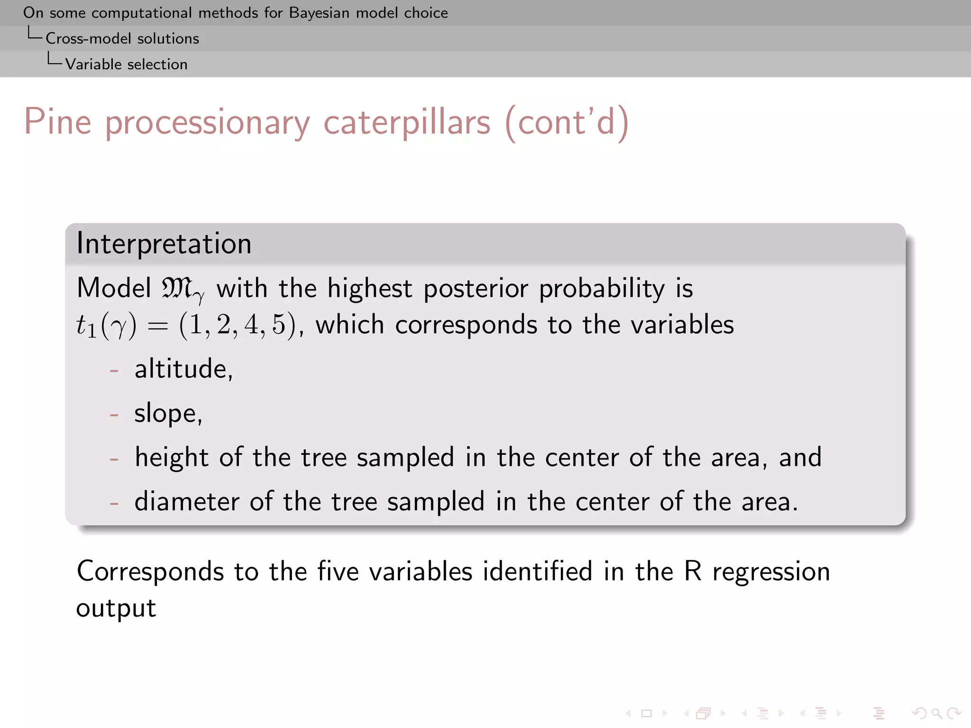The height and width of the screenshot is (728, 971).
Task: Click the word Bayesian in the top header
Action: click(x=319, y=13)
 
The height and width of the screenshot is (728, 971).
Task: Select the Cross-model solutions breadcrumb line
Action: click(x=122, y=38)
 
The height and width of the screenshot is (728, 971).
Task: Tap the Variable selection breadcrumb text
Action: click(x=126, y=64)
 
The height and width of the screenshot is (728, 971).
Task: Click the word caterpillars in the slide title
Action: click(x=406, y=122)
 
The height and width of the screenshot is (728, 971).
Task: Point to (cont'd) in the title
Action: click(x=567, y=122)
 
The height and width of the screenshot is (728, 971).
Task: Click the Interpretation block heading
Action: click(x=164, y=244)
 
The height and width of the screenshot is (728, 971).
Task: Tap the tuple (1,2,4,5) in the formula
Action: click(x=237, y=325)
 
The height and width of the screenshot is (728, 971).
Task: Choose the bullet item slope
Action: click(x=168, y=413)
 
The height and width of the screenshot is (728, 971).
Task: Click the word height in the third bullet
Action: click(x=171, y=457)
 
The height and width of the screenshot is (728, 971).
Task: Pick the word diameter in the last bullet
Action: click(x=186, y=501)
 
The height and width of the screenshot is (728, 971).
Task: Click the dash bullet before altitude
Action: click(x=114, y=370)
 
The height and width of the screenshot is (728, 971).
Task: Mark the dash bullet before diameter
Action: click(x=114, y=502)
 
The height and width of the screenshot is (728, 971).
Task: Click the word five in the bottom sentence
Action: click(x=338, y=571)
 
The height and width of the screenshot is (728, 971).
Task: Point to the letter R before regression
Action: click(x=692, y=571)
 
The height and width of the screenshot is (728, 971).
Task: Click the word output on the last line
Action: click(x=116, y=608)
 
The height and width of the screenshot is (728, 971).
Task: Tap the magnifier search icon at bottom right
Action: click(x=936, y=713)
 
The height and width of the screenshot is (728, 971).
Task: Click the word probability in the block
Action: click(x=602, y=288)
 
